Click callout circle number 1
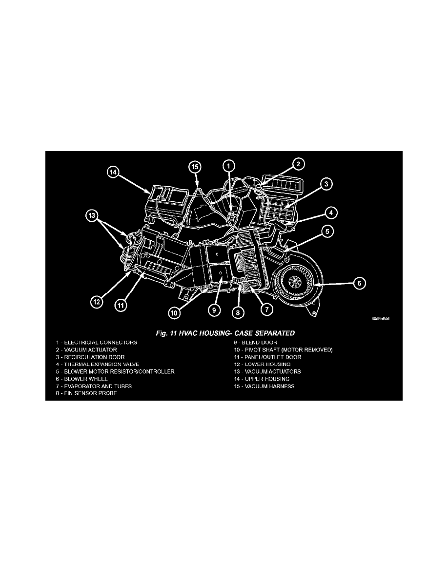pos(229,166)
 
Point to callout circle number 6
pos(359,283)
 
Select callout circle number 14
pos(113,172)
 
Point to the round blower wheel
pos(296,281)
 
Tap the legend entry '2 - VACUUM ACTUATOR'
pos(86,349)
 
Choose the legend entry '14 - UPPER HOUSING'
pos(261,379)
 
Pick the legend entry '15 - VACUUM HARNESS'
pos(264,386)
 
